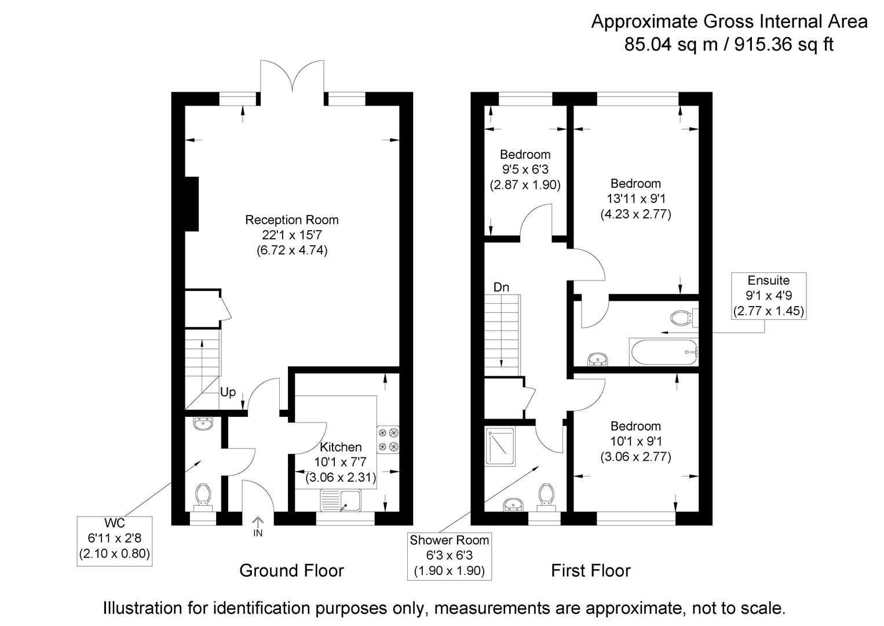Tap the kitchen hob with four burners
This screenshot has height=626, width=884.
388,439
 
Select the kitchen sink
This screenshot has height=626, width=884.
342,501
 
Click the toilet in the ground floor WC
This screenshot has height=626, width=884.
202,496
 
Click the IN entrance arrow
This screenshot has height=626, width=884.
258,525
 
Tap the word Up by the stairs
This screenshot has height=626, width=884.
228,392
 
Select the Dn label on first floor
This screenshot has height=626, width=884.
501,287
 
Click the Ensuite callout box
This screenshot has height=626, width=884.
768,296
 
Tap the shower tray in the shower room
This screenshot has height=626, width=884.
500,447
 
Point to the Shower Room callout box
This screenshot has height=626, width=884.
449,555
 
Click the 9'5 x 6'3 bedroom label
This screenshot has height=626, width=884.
525,170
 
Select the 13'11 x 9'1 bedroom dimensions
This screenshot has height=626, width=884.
635,199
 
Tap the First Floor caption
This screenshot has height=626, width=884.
590,571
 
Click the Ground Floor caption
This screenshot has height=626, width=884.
291,571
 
